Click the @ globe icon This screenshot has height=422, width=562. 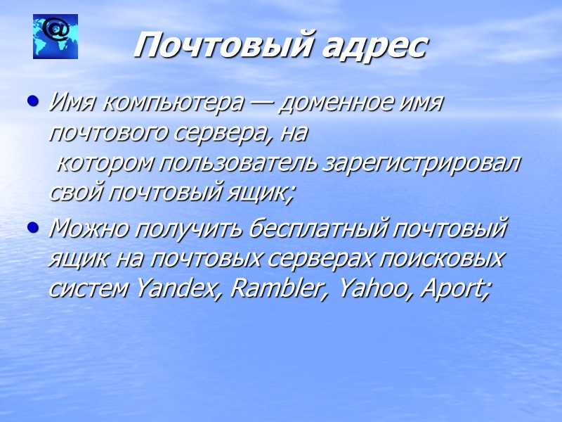(x=55, y=36)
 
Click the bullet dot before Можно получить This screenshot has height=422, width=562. (x=31, y=228)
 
